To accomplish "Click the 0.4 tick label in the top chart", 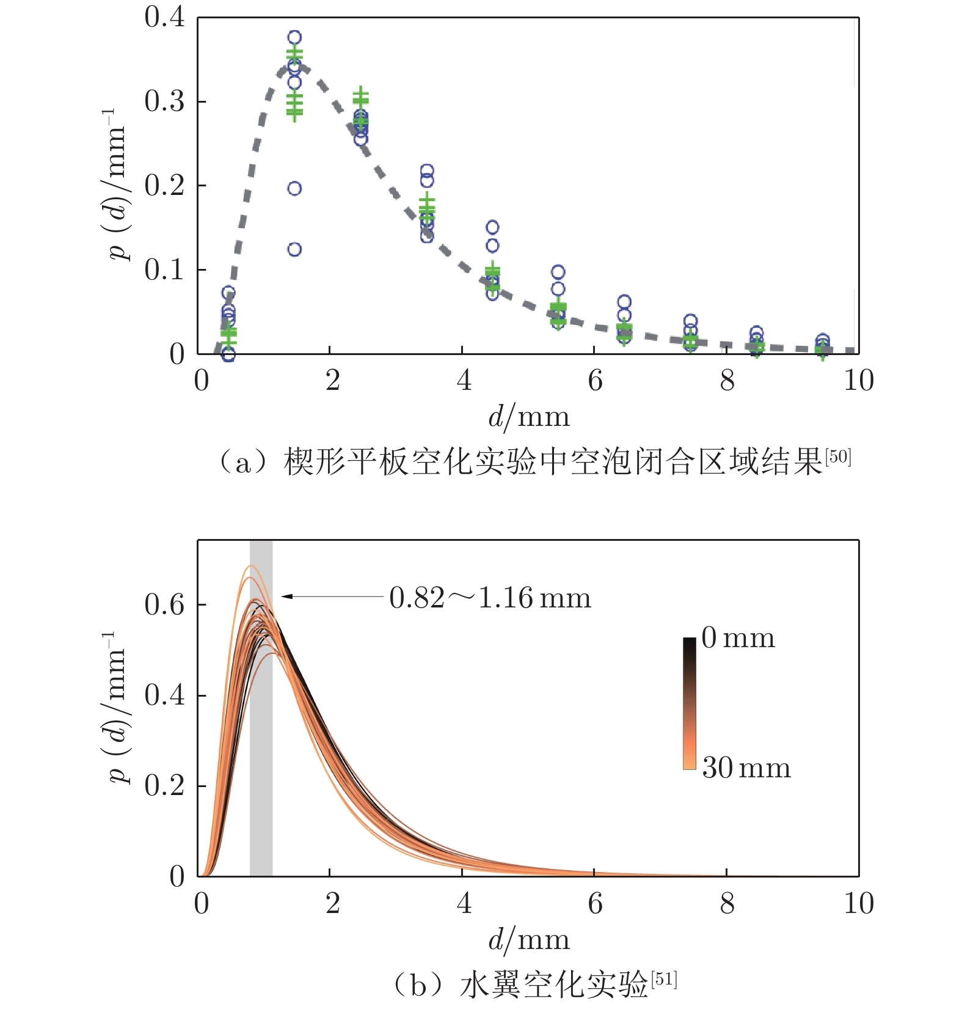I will click(164, 17).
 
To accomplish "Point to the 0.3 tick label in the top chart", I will click(164, 101).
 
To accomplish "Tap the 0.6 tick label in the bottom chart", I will click(164, 605).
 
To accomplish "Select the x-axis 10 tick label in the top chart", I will click(858, 380).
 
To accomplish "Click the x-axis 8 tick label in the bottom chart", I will click(726, 903).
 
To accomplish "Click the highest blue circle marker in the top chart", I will click(294, 37).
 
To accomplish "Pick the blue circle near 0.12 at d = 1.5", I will click(294, 249).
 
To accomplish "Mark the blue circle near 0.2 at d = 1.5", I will click(294, 188).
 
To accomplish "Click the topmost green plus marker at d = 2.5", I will click(360, 95).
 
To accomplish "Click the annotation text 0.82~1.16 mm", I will click(490, 598).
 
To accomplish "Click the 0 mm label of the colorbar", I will click(738, 638).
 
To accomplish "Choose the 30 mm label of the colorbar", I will click(746, 768).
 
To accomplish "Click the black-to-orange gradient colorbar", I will click(690, 703).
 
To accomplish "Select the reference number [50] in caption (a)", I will click(837, 456).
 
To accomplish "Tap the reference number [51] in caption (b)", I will click(664, 980).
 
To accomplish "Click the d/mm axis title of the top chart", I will click(529, 417).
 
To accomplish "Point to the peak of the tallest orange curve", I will click(250, 566).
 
